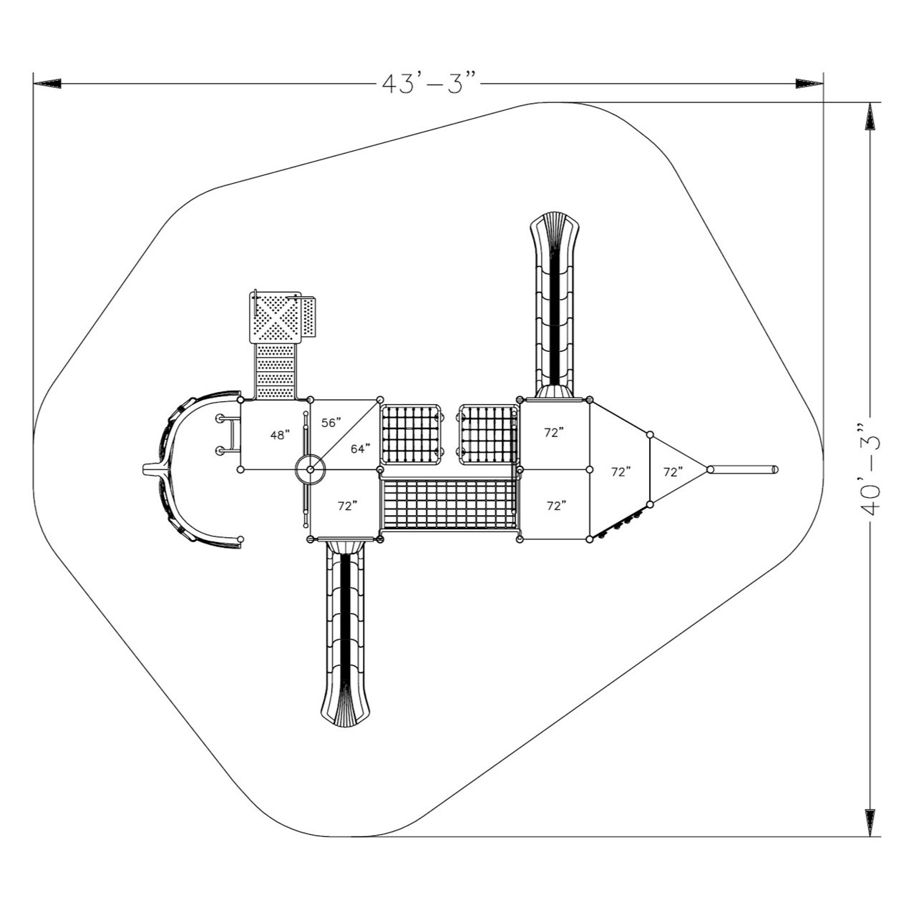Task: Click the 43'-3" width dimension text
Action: click(428, 83)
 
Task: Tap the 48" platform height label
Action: click(280, 434)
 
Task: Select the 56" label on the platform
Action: click(331, 422)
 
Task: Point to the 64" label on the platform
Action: click(360, 448)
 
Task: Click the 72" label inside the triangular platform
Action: click(673, 471)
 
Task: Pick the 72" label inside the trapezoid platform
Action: click(620, 471)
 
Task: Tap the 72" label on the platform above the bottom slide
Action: click(348, 505)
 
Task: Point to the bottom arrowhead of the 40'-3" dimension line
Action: click(870, 822)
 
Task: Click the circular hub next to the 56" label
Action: click(311, 470)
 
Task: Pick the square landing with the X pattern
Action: click(275, 318)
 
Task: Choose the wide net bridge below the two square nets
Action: click(449, 505)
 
